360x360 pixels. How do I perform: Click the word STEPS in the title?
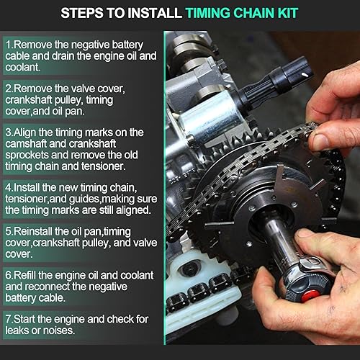(82, 13)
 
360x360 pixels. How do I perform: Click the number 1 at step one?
(8, 45)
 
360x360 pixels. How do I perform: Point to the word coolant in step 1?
(22, 67)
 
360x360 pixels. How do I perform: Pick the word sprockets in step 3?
(27, 156)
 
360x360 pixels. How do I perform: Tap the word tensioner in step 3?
(103, 166)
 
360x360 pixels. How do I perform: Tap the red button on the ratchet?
(310, 296)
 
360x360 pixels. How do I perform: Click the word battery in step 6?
(21, 298)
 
